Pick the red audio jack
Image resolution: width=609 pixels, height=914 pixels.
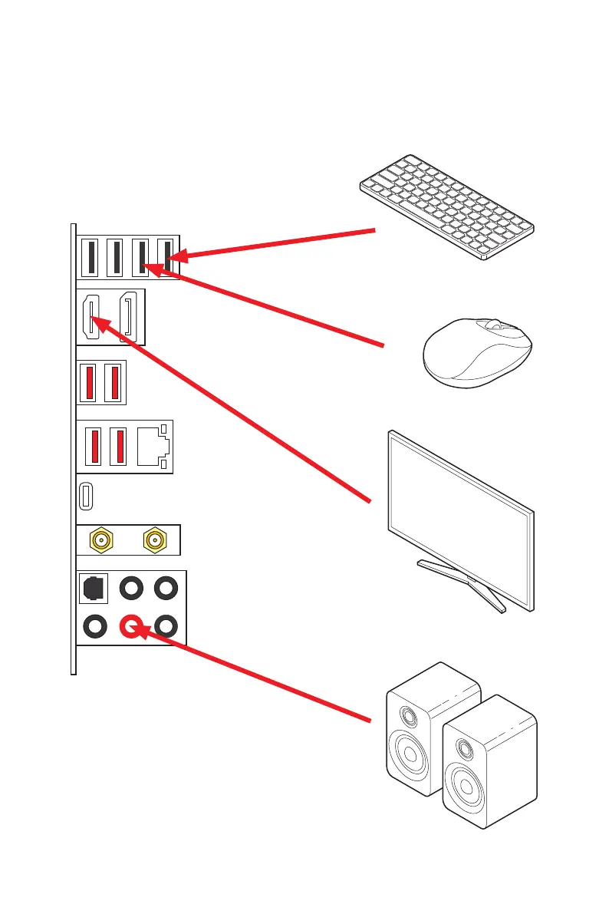pos(130,626)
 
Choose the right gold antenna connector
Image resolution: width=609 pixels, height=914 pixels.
pos(156,540)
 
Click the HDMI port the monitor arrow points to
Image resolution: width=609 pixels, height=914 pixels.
pos(91,318)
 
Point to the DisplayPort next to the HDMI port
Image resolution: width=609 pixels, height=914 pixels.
pos(129,317)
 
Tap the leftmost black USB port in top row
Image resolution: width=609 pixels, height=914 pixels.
pos(91,257)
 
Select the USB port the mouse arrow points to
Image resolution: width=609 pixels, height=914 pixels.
pos(141,257)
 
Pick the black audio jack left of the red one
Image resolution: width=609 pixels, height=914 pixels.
pos(94,626)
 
